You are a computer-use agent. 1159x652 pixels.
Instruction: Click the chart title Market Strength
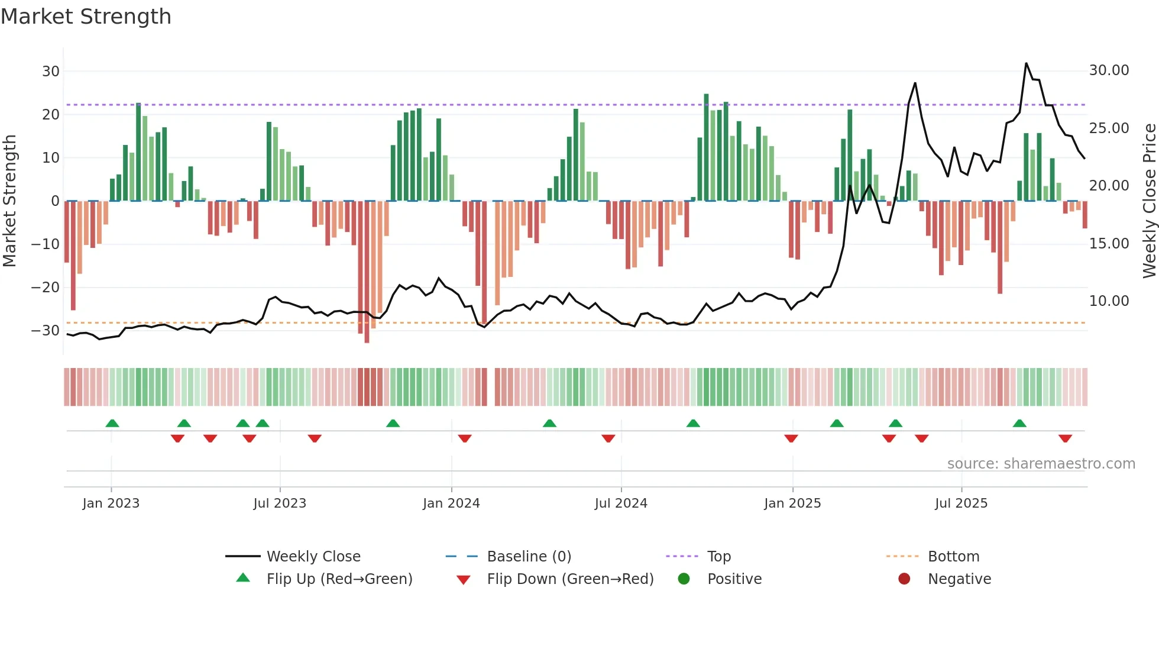[x=86, y=17]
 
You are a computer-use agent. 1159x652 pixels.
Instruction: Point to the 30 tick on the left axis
[x=51, y=72]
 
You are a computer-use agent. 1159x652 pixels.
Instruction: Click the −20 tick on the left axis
[x=46, y=288]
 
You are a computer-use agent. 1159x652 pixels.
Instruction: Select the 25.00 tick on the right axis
[x=1109, y=128]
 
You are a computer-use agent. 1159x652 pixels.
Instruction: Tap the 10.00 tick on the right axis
[x=1109, y=301]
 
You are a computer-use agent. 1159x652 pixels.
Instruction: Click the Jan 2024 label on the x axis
[x=451, y=503]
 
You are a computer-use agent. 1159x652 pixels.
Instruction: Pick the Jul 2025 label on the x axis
[x=961, y=503]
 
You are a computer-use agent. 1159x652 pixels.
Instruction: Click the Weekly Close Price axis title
[x=1149, y=201]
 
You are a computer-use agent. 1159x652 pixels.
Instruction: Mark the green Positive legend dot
[x=684, y=579]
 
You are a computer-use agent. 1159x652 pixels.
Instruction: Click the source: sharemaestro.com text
[x=1041, y=464]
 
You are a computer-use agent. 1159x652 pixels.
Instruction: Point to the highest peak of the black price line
[x=1026, y=63]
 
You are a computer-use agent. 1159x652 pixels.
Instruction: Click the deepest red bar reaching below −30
[x=367, y=337]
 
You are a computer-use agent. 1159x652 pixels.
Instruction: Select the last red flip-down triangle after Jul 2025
[x=1065, y=439]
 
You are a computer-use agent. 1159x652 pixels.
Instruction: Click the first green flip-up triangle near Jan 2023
[x=112, y=423]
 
